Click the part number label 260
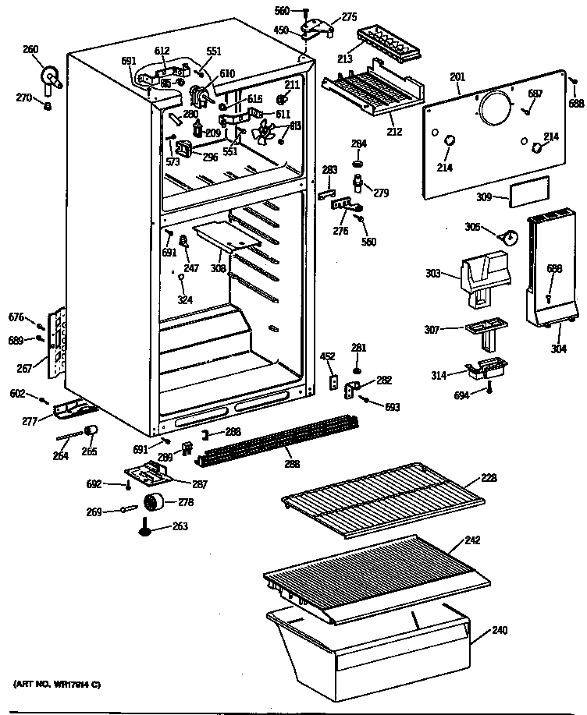[30, 50]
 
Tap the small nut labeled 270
[48, 105]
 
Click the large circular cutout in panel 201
[493, 108]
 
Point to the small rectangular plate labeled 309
[528, 191]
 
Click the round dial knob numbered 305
[507, 235]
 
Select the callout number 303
[434, 274]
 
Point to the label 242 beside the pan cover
[472, 540]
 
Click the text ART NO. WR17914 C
[58, 684]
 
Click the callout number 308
[218, 268]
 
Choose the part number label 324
[184, 300]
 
